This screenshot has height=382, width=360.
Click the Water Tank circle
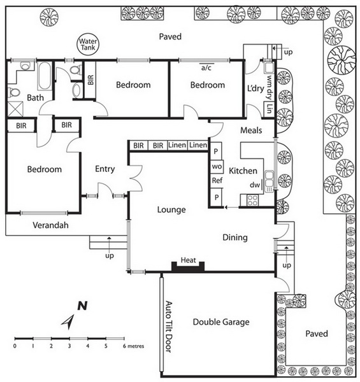88,45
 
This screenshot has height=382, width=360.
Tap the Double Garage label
221,322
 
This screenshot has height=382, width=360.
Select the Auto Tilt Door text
168,327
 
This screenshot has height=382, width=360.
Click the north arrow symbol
68,322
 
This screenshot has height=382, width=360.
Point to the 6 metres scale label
133,346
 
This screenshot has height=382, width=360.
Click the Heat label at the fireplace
188,260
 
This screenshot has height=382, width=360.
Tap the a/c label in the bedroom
206,67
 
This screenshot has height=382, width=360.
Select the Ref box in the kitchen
217,181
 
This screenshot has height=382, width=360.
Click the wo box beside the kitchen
217,167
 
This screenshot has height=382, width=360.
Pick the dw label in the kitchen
255,185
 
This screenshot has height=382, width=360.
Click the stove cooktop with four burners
252,201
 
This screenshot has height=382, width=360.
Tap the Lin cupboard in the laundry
269,109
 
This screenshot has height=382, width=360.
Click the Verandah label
50,225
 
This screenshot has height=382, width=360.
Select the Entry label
104,169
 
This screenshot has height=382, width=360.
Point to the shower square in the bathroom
15,109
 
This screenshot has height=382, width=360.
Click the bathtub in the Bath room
45,76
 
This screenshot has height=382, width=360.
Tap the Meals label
251,130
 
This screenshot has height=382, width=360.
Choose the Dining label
235,237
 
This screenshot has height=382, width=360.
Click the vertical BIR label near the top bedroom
90,80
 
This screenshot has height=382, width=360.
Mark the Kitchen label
243,171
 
